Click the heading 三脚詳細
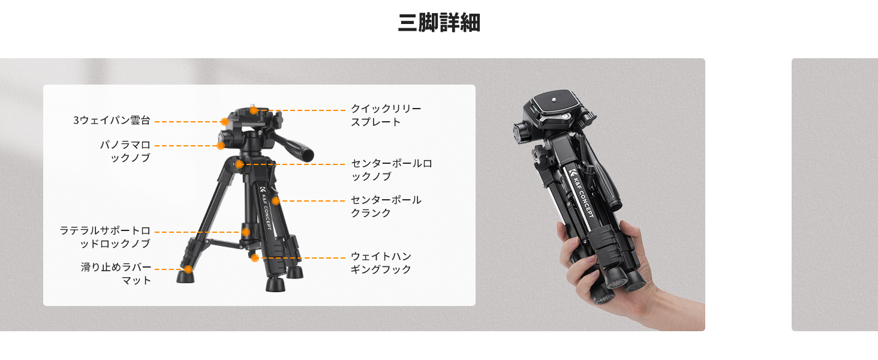439,22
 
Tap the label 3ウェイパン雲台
112,121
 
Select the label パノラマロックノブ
125,151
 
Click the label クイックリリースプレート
386,115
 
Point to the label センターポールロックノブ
391,170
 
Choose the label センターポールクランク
386,206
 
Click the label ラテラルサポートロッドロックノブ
105,237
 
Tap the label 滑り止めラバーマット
116,274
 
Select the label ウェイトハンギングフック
381,263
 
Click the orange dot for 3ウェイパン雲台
224,122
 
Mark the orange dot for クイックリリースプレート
254,110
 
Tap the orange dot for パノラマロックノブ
221,146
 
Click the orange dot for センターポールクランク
276,201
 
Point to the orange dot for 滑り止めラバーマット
188,269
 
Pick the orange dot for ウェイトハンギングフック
255,258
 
